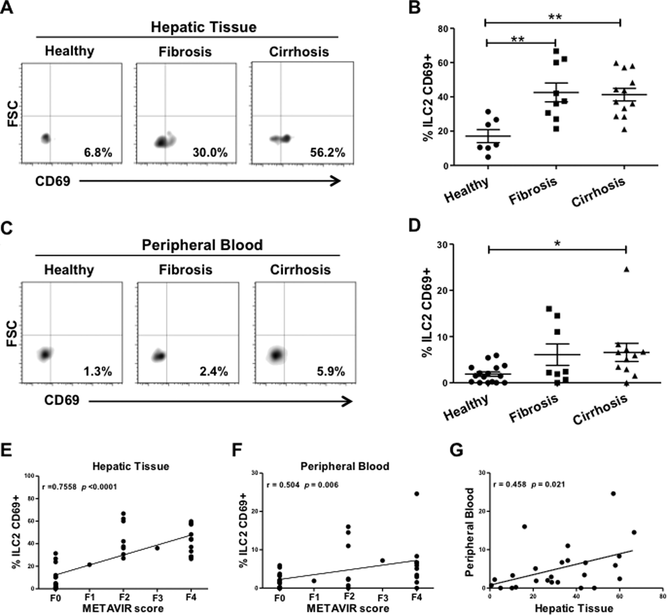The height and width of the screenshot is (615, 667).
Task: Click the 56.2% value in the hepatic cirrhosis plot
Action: coord(327,152)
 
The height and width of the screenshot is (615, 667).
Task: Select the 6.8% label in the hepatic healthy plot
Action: coord(98,152)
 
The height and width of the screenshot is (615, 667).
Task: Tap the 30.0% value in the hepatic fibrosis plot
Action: coord(210,152)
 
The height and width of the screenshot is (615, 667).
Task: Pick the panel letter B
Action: coord(415,7)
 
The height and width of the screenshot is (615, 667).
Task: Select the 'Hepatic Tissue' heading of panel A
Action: coord(204,27)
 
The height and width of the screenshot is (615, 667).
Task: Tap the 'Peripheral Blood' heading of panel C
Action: coord(202,245)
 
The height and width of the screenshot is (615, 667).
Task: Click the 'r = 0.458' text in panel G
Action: coord(509,485)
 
